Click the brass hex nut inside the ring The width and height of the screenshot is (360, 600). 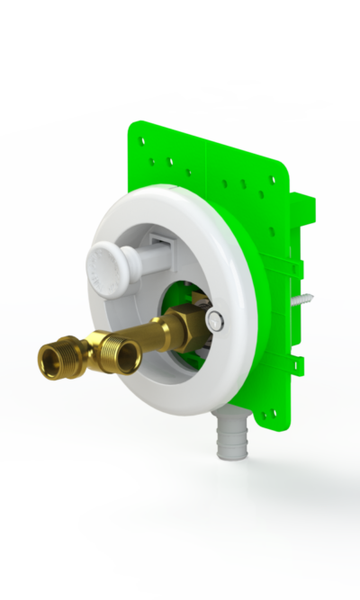click(186, 322)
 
